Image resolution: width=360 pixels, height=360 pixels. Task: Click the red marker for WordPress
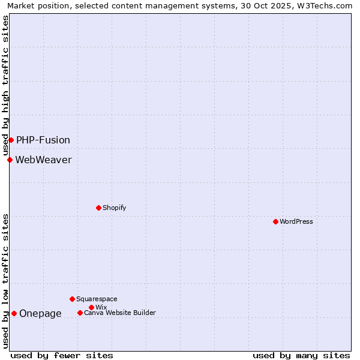(x=275, y=221)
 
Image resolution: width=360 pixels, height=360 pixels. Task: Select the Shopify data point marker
(x=98, y=208)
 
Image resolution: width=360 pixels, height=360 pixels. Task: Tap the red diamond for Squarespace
(x=72, y=299)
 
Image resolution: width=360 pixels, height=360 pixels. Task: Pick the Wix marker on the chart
(x=91, y=307)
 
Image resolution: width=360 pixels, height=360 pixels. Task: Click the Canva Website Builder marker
(x=80, y=313)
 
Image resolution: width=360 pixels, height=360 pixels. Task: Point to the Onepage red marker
(x=14, y=313)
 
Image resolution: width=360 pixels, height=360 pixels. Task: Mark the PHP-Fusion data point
(x=11, y=140)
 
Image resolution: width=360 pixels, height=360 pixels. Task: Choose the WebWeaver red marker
(x=10, y=160)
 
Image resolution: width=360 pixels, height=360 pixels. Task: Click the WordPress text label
(x=296, y=221)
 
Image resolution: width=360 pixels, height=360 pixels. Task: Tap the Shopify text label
(x=114, y=208)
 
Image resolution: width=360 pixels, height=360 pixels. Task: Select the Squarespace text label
(x=97, y=299)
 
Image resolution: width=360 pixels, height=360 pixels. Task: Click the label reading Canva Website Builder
(x=120, y=313)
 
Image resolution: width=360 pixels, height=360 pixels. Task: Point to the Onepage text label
(x=40, y=313)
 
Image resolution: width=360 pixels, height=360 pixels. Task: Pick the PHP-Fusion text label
(x=43, y=140)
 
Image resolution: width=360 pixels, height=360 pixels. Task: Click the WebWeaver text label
(x=43, y=160)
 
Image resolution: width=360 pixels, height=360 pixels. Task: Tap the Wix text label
(x=101, y=307)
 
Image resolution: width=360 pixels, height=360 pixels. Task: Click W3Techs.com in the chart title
(x=328, y=5)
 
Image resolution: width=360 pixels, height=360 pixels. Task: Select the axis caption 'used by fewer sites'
(x=62, y=355)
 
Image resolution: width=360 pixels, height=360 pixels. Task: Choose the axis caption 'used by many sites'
(x=301, y=355)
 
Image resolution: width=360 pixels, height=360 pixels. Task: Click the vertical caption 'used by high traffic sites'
(x=5, y=84)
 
